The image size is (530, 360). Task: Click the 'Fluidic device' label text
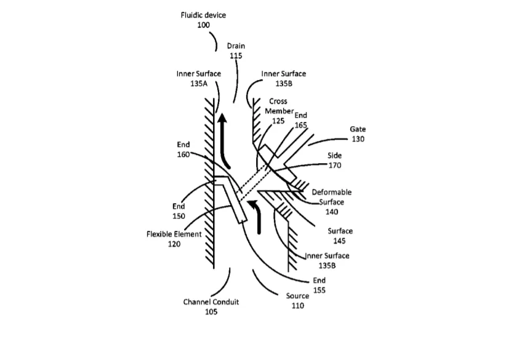pos(203,15)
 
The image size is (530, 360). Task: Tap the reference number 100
pos(204,25)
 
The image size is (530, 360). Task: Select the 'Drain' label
pos(236,46)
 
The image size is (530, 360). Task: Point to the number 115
pos(236,56)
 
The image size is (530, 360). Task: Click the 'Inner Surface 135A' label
pos(199,78)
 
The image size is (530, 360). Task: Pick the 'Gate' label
pos(358,129)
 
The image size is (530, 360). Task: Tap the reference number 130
pos(358,139)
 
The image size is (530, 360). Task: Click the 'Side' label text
pos(335,156)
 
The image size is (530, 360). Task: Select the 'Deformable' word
pos(332,193)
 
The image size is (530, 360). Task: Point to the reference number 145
pos(339,241)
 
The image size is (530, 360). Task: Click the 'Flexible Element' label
pos(174,234)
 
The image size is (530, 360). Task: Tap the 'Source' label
pos(297,296)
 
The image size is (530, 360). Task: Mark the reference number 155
pos(319,290)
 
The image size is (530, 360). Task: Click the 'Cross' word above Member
pos(278,102)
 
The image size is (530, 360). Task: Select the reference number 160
pos(183,154)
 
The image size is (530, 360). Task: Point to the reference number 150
pos(179,217)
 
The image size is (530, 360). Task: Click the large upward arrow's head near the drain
pos(222,119)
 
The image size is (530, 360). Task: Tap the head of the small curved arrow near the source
pos(252,203)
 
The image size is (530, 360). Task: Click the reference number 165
pos(301,125)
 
